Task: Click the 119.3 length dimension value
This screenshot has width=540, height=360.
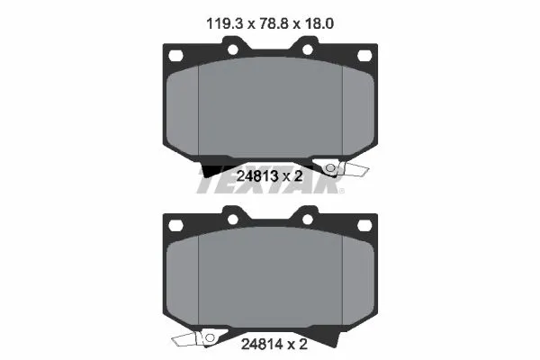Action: [x=224, y=23]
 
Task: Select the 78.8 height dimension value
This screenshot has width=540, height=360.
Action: [x=273, y=23]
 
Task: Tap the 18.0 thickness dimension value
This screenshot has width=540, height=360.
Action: [x=319, y=23]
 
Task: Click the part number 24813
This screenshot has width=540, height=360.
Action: [x=257, y=176]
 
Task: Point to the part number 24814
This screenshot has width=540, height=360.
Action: [x=262, y=344]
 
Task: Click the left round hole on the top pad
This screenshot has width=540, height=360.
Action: [x=232, y=49]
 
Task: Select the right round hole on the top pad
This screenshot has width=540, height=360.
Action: [x=308, y=49]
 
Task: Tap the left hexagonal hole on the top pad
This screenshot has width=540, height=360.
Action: [x=175, y=56]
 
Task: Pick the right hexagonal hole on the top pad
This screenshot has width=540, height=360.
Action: [x=364, y=56]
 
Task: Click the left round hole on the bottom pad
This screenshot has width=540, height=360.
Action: [x=232, y=219]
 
